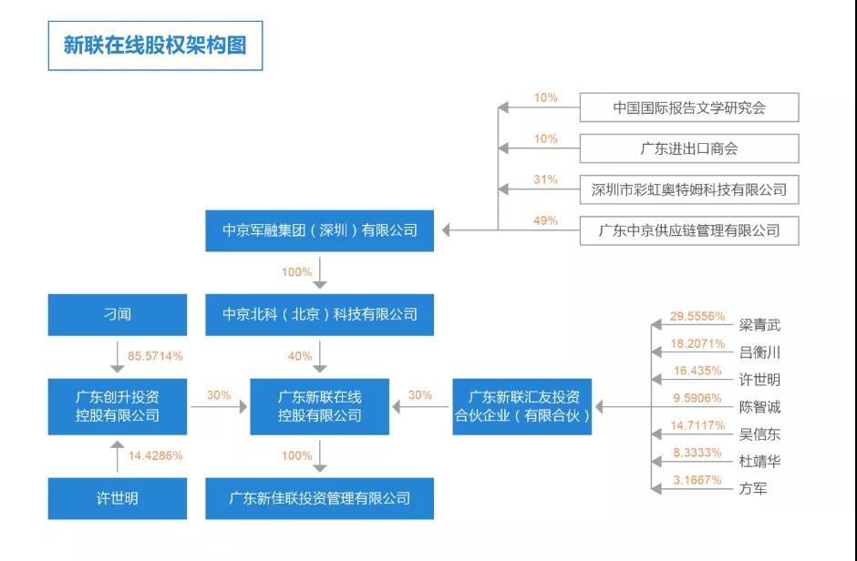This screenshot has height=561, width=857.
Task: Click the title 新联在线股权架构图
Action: point(155,45)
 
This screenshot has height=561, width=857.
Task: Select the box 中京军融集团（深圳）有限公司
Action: point(319,230)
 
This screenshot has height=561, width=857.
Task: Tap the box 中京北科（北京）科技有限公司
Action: point(319,314)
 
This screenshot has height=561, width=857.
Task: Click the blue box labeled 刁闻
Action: point(116,314)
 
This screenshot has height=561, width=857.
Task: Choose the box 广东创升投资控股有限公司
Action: point(116,406)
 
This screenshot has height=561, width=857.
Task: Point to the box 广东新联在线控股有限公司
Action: point(319,406)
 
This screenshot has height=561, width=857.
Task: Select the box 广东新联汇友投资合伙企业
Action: point(522,406)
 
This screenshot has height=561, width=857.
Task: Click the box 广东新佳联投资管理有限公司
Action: point(319,498)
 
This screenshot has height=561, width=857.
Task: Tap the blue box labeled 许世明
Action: point(116,498)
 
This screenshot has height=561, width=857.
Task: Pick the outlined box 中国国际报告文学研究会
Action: point(688,107)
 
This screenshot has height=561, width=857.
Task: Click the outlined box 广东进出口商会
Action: point(688,148)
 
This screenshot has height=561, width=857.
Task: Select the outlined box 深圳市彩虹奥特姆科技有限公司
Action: point(688,189)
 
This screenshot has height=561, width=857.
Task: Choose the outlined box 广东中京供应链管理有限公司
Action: point(688,230)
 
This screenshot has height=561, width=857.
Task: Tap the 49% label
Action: point(545,220)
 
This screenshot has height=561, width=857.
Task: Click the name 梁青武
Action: point(759,325)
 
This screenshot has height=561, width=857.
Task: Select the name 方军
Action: point(752,488)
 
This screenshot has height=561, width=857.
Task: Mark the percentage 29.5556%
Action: point(697,316)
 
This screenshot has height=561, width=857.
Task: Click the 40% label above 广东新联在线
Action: point(297,356)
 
